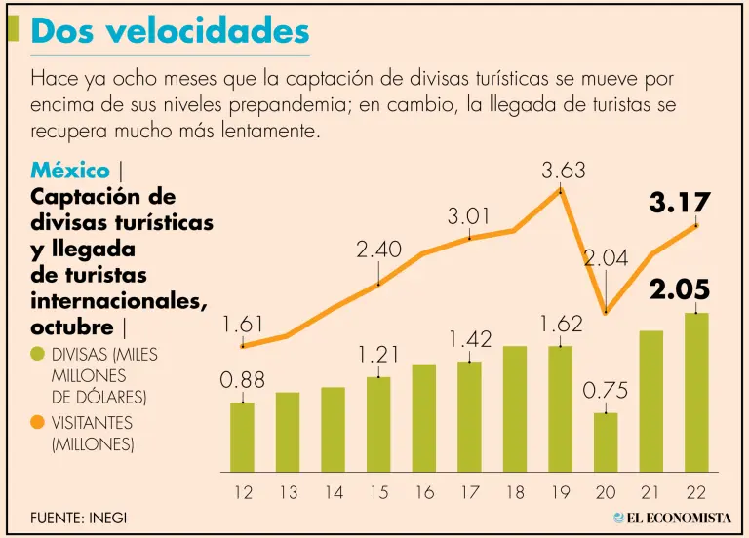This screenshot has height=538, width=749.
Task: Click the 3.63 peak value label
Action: pos(564,171)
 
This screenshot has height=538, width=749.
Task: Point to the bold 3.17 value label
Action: pos(680,203)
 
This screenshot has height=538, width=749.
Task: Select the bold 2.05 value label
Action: pos(680,290)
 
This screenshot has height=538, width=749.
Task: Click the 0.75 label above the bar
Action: pos(606,390)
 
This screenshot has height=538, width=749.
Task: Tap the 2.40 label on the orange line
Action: pos(378,250)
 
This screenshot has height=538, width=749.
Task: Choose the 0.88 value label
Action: pos(242,380)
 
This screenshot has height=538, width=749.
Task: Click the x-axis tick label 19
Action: pos(561,493)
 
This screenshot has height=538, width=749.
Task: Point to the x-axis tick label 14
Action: pos(334,493)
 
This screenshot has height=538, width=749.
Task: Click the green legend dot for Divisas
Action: pos(38,354)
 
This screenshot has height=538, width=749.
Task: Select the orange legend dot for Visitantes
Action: pos(38,423)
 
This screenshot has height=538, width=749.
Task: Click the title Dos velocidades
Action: pos(170,31)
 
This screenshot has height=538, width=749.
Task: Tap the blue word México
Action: pos(70,170)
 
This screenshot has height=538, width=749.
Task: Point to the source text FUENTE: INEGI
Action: pos(78,517)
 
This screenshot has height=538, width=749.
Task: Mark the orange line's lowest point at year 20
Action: pos(606,312)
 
